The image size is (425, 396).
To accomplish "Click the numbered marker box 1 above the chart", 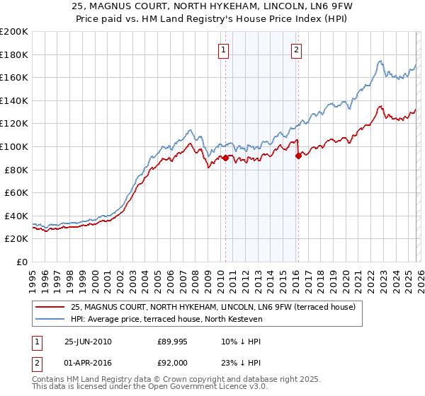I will tap(224, 49).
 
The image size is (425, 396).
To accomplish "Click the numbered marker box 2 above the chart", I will tap(295, 49).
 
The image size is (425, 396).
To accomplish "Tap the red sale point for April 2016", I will tap(298, 156).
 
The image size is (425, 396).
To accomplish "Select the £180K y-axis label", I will tap(14, 54).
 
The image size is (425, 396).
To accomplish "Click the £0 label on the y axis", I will tap(21, 262).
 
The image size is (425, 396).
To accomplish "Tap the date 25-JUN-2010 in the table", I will tap(88, 342).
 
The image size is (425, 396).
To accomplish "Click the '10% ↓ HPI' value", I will tap(241, 342).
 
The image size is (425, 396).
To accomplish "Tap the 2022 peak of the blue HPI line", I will tap(380, 61).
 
